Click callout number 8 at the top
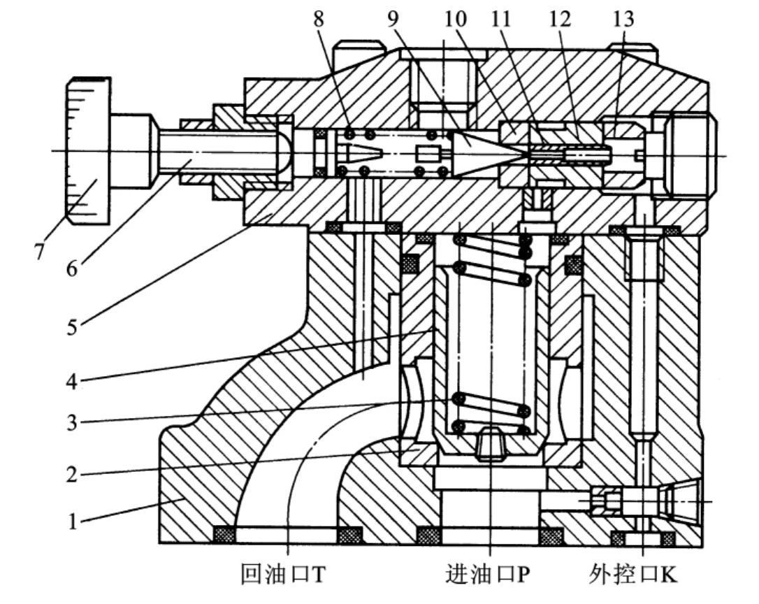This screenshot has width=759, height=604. point(319,19)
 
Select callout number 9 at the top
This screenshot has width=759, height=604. point(393,19)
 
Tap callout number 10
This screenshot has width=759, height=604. point(455,19)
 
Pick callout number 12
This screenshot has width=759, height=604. point(560,19)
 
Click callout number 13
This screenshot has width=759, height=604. point(623,19)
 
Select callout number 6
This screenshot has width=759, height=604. point(72,268)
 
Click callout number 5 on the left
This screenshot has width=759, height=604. point(72,327)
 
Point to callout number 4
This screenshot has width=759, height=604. point(72,381)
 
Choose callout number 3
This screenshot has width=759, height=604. point(72,423)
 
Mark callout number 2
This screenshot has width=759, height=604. point(72,474)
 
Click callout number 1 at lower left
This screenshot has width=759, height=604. point(73,522)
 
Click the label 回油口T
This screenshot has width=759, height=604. point(284,575)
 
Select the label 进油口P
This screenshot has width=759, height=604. point(488,575)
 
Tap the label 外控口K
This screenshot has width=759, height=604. point(633,575)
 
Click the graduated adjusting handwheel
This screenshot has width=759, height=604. point(88,150)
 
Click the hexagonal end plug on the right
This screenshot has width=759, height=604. point(683,153)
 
